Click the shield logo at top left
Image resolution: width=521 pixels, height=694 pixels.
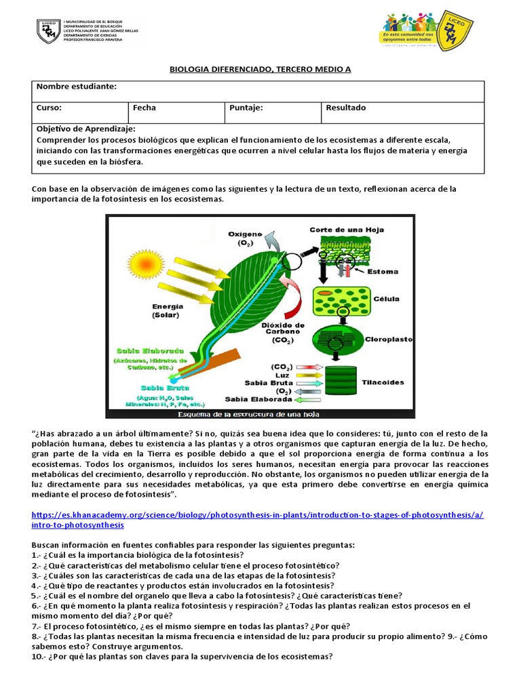pyautogui.click(x=48, y=31)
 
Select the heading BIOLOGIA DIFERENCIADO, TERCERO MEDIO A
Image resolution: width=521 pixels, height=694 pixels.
pyautogui.click(x=260, y=70)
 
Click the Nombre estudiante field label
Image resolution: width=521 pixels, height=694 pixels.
pyautogui.click(x=76, y=87)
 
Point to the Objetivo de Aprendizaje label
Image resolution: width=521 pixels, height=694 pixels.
pyautogui.click(x=85, y=129)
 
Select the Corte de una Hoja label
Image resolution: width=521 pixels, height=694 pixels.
pyautogui.click(x=347, y=230)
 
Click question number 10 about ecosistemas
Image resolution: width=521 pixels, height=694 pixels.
pyautogui.click(x=182, y=657)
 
